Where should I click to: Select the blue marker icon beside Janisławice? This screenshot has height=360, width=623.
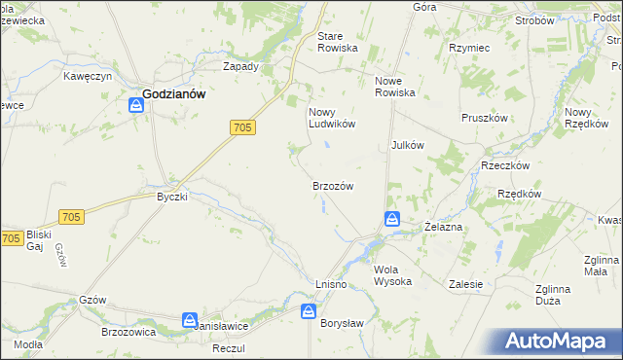(190, 319)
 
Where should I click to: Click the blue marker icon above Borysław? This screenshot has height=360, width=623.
(308, 312)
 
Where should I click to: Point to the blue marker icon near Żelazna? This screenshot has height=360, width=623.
(391, 220)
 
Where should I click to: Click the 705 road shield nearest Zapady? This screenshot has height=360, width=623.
(243, 127)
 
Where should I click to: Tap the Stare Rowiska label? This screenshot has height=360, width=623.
(338, 42)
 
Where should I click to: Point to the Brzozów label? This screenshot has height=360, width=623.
(332, 186)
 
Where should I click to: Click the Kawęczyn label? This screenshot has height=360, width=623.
(90, 76)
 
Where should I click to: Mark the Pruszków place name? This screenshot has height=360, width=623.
(485, 118)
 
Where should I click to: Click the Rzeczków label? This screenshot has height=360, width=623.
(504, 165)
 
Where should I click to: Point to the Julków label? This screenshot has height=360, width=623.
(407, 145)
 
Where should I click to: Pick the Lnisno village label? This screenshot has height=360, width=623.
(332, 283)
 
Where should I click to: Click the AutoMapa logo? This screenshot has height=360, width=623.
(560, 341)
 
